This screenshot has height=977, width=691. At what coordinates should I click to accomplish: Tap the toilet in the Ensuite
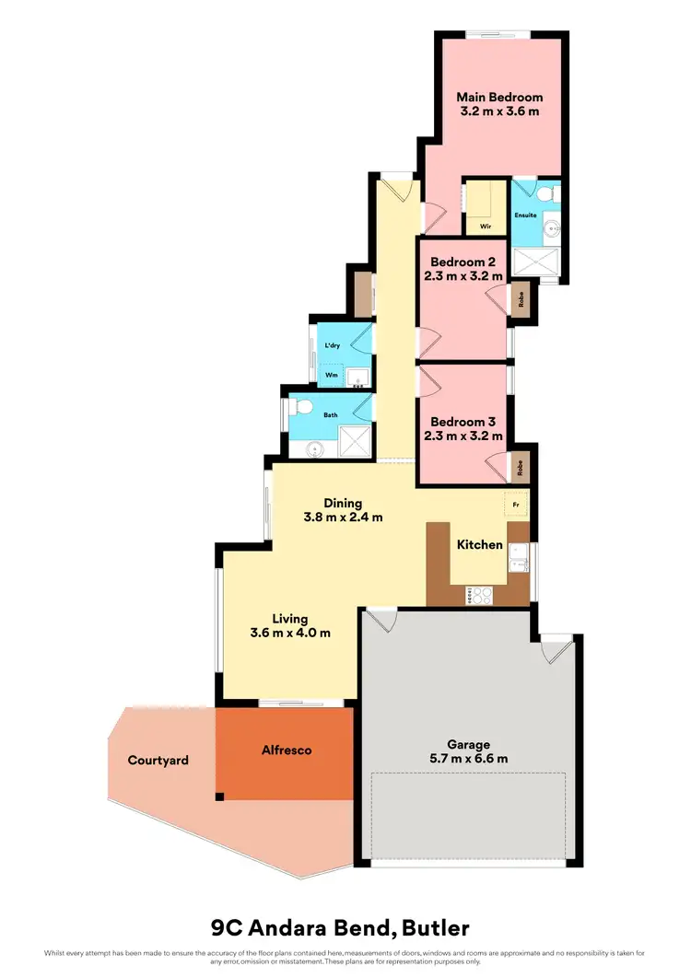coord(547,193)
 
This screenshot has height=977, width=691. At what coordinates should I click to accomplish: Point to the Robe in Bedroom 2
coord(521,300)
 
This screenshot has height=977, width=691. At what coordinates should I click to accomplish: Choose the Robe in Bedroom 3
coord(521,468)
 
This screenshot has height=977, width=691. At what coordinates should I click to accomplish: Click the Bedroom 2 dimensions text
coord(463,275)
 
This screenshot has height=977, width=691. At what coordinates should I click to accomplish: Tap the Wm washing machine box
coord(331,375)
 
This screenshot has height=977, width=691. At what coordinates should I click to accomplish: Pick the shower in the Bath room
coord(355,440)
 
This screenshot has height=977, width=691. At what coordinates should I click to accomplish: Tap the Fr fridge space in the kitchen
coord(516,505)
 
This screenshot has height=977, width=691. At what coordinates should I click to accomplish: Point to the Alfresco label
coord(285,750)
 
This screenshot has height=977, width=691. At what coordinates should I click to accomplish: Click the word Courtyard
coord(158,761)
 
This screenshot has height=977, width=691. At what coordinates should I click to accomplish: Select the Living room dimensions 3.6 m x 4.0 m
coord(290,633)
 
